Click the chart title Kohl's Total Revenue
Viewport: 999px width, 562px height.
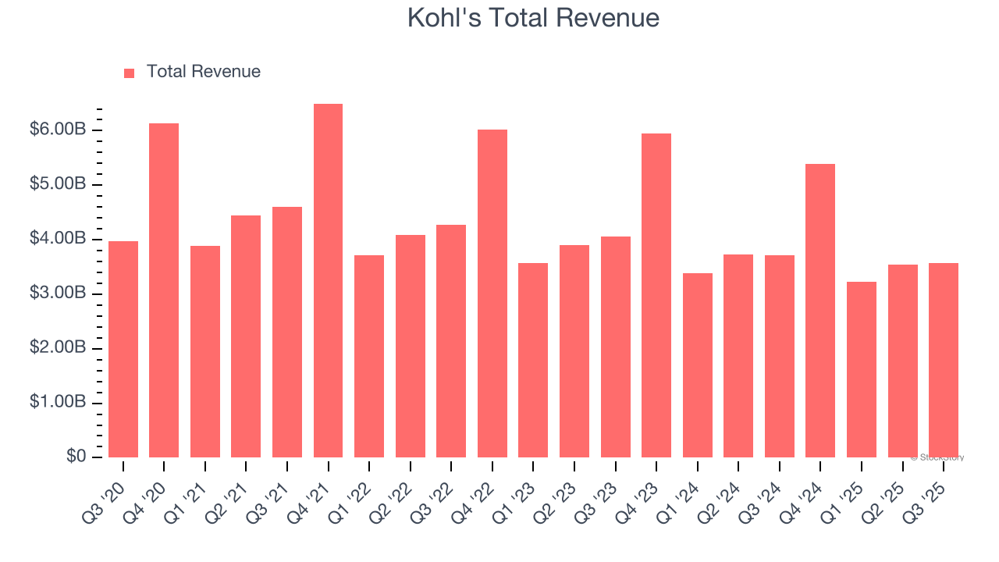(533, 18)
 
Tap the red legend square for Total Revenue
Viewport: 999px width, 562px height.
(130, 73)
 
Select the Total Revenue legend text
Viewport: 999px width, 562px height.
(203, 72)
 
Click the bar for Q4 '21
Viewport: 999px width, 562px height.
(328, 281)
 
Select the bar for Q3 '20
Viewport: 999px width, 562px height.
(123, 349)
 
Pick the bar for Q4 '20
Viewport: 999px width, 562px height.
(164, 290)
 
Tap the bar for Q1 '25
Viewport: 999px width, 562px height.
(861, 369)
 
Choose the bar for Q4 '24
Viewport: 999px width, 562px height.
(820, 311)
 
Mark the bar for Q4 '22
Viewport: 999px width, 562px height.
(492, 293)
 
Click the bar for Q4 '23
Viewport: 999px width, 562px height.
(656, 295)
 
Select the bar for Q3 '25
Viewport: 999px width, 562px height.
(943, 360)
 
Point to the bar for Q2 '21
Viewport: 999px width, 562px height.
(246, 336)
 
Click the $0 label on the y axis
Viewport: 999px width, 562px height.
(76, 457)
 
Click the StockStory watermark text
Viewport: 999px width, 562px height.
(937, 457)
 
